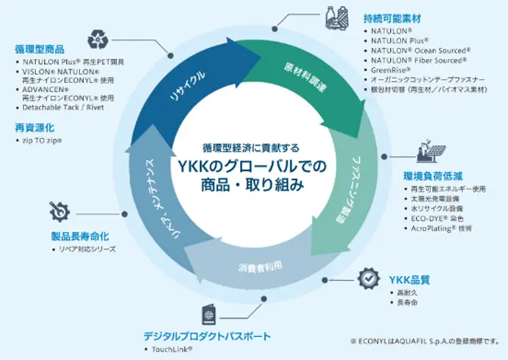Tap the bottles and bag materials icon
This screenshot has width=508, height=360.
coord(336,18)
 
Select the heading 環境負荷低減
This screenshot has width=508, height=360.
coord(433,177)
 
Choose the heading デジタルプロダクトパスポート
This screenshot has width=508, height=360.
coord(207,336)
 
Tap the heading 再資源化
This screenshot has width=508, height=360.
coord(30,127)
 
